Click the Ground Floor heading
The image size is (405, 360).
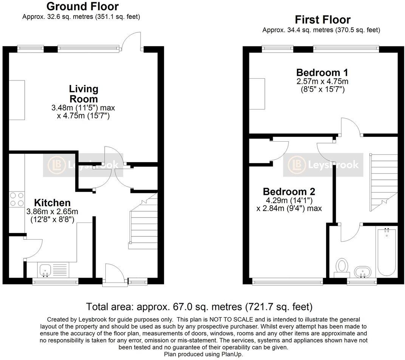click(82, 6)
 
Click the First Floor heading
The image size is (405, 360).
click(323, 20)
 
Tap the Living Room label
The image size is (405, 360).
click(83, 94)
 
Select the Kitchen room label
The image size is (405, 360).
click(53, 202)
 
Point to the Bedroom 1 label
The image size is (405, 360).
click(322, 73)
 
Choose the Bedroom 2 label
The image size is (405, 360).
click(289, 192)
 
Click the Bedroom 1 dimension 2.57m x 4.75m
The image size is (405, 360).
click(322, 82)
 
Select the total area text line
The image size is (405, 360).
click(199, 306)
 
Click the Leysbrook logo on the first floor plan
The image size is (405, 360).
click(321, 165)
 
